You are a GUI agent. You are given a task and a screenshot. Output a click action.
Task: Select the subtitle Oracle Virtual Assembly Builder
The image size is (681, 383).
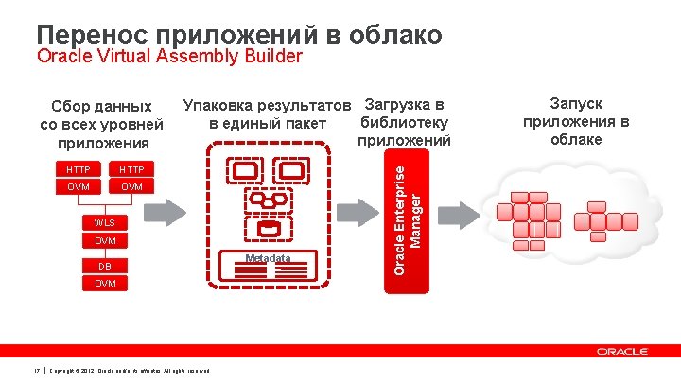169,57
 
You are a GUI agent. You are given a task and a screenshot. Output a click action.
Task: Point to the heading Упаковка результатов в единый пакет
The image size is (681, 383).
269,113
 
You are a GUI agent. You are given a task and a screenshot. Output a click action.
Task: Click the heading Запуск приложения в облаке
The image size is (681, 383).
576,121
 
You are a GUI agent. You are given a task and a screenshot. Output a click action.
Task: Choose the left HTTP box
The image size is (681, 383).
79,169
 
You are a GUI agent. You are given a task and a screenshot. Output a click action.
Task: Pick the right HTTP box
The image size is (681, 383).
131,169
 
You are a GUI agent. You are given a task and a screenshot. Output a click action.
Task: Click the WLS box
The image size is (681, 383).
105,223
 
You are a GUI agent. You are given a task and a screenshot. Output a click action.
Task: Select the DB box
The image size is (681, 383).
105,267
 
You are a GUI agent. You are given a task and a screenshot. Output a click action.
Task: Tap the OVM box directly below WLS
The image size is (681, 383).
105,241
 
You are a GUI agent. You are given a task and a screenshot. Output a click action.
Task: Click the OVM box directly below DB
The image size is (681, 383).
105,284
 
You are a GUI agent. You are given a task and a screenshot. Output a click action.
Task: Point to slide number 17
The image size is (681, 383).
35,368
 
